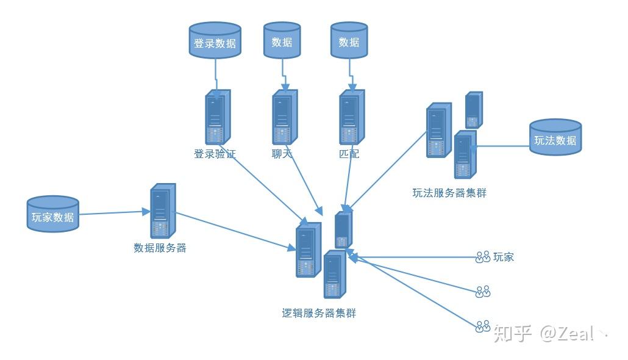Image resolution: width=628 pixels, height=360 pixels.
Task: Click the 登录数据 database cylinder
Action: click(215, 41)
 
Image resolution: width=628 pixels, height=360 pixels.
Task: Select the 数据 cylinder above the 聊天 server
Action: click(282, 41)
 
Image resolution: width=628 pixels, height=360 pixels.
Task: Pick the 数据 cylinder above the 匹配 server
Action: click(349, 41)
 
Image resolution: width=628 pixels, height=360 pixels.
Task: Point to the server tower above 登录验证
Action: click(217, 117)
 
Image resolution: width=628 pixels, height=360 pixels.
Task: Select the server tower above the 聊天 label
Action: click(284, 117)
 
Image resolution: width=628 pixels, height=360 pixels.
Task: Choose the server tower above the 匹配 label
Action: click(351, 117)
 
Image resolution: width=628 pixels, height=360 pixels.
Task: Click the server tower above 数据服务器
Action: click(162, 211)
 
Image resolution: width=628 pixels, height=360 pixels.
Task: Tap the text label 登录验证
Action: click(214, 154)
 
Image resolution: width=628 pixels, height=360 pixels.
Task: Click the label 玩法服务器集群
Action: click(449, 193)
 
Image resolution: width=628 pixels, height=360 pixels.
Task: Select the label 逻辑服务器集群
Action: click(319, 314)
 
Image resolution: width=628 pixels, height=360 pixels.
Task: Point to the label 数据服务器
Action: click(160, 248)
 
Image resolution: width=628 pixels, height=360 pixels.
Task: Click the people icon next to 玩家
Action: click(483, 257)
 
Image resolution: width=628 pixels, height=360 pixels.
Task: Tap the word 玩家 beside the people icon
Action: click(504, 257)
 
